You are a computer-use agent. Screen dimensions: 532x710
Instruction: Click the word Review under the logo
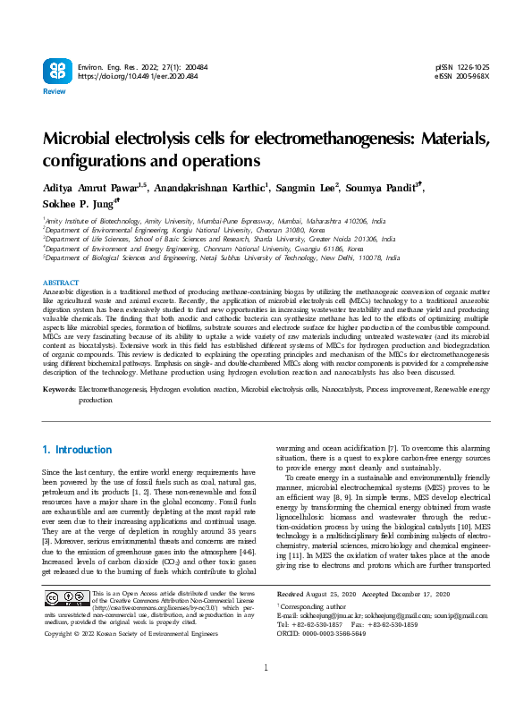54,92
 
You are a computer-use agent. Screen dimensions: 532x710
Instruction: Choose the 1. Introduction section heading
78,450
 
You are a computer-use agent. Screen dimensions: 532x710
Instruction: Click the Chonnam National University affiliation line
204,249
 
